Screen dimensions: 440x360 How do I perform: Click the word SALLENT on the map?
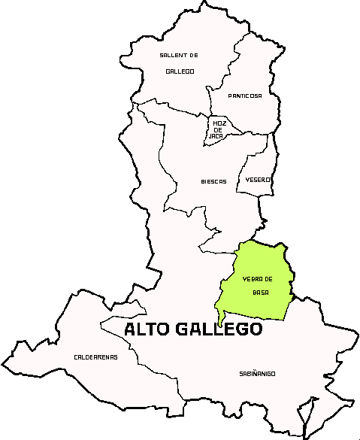pos(173,56)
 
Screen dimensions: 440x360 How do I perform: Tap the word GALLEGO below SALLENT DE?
pos(180,71)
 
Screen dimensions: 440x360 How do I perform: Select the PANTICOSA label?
pos(245,96)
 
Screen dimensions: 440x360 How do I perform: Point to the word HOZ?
pos(219,123)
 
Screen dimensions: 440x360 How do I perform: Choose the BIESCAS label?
pos(213,181)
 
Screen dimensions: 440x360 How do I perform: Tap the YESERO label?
pos(258,180)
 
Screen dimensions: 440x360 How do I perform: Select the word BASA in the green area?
pos(261,292)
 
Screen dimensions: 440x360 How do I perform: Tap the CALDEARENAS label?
pos(95,357)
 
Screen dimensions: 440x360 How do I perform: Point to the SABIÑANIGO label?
pos(257,373)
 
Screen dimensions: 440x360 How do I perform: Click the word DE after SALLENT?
pos(193,56)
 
